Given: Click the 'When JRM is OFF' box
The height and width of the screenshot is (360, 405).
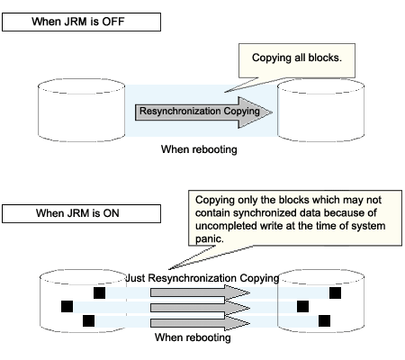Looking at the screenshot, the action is click(x=81, y=22).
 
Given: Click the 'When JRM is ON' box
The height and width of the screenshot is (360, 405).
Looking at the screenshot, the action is click(x=81, y=213).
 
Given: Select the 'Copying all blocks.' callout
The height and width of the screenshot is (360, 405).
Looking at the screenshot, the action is click(x=297, y=60).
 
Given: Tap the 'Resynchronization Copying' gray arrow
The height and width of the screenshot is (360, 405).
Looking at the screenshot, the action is click(x=203, y=112).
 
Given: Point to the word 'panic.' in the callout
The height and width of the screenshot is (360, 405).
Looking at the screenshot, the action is click(x=210, y=238).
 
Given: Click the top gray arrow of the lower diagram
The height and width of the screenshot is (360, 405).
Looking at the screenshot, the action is click(x=200, y=292).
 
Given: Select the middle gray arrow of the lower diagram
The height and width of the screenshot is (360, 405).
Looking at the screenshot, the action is click(x=200, y=308).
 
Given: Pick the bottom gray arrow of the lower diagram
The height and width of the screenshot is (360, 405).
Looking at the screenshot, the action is click(x=200, y=323).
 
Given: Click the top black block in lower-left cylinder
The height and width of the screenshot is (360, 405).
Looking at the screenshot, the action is click(x=100, y=292).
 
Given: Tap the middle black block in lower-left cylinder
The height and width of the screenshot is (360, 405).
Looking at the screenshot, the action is click(x=67, y=307).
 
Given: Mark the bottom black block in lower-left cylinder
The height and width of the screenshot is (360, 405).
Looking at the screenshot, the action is click(x=88, y=320).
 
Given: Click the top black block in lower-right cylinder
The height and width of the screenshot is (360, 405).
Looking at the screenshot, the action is click(x=335, y=292).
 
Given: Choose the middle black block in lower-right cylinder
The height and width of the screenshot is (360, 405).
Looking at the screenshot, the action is click(x=302, y=307).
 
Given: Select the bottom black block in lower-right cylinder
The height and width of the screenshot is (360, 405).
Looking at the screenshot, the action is click(x=324, y=320).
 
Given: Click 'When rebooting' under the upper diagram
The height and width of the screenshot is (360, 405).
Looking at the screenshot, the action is click(x=199, y=149).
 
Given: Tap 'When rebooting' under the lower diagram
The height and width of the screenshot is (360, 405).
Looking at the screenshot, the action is click(x=193, y=337).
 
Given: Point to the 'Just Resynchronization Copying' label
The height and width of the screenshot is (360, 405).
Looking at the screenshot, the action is click(x=202, y=278).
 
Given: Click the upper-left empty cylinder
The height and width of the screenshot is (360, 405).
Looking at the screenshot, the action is click(x=81, y=110).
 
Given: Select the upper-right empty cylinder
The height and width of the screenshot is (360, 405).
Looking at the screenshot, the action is click(x=321, y=110).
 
